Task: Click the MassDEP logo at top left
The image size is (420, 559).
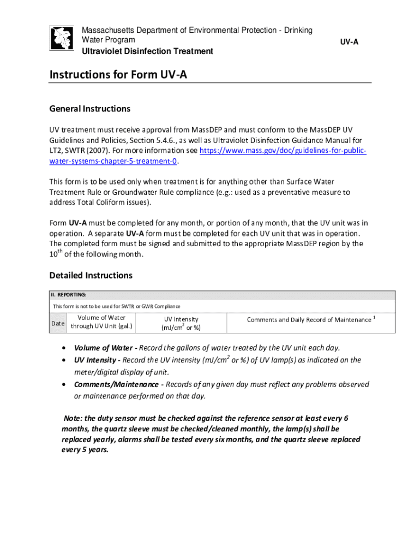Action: (x=62, y=39)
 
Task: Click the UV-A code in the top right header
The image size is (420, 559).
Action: (x=349, y=41)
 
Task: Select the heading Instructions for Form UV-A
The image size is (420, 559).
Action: (x=118, y=75)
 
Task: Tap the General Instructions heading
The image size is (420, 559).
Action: (x=90, y=109)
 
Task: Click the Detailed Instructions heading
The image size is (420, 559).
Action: (x=91, y=275)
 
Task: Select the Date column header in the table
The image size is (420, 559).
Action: (x=58, y=323)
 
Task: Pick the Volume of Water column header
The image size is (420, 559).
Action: (x=101, y=322)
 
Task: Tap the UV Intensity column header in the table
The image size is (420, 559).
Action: (x=181, y=323)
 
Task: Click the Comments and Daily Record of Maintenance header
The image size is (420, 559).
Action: (x=309, y=319)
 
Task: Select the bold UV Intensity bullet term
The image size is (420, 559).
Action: (x=95, y=360)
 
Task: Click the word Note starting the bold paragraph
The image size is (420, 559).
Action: (x=73, y=418)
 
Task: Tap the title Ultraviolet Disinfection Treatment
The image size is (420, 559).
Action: (x=147, y=51)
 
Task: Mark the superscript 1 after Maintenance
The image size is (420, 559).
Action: (x=375, y=317)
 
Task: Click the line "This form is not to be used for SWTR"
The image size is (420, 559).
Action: (x=116, y=306)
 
